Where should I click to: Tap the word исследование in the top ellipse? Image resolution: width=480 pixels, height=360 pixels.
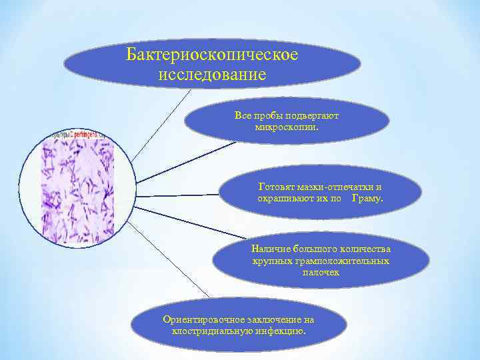point(212,74)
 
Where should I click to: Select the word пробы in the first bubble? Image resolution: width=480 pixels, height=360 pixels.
point(265,115)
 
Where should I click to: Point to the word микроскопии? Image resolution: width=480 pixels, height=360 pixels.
point(287,125)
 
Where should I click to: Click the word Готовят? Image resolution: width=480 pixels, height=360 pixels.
point(275,188)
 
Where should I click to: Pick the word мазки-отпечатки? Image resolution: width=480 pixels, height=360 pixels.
point(334,188)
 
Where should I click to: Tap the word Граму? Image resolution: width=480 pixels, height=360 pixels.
point(367,199)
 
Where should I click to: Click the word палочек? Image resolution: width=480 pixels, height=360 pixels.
point(321,271)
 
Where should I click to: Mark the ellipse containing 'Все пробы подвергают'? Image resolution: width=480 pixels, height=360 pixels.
point(287,121)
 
